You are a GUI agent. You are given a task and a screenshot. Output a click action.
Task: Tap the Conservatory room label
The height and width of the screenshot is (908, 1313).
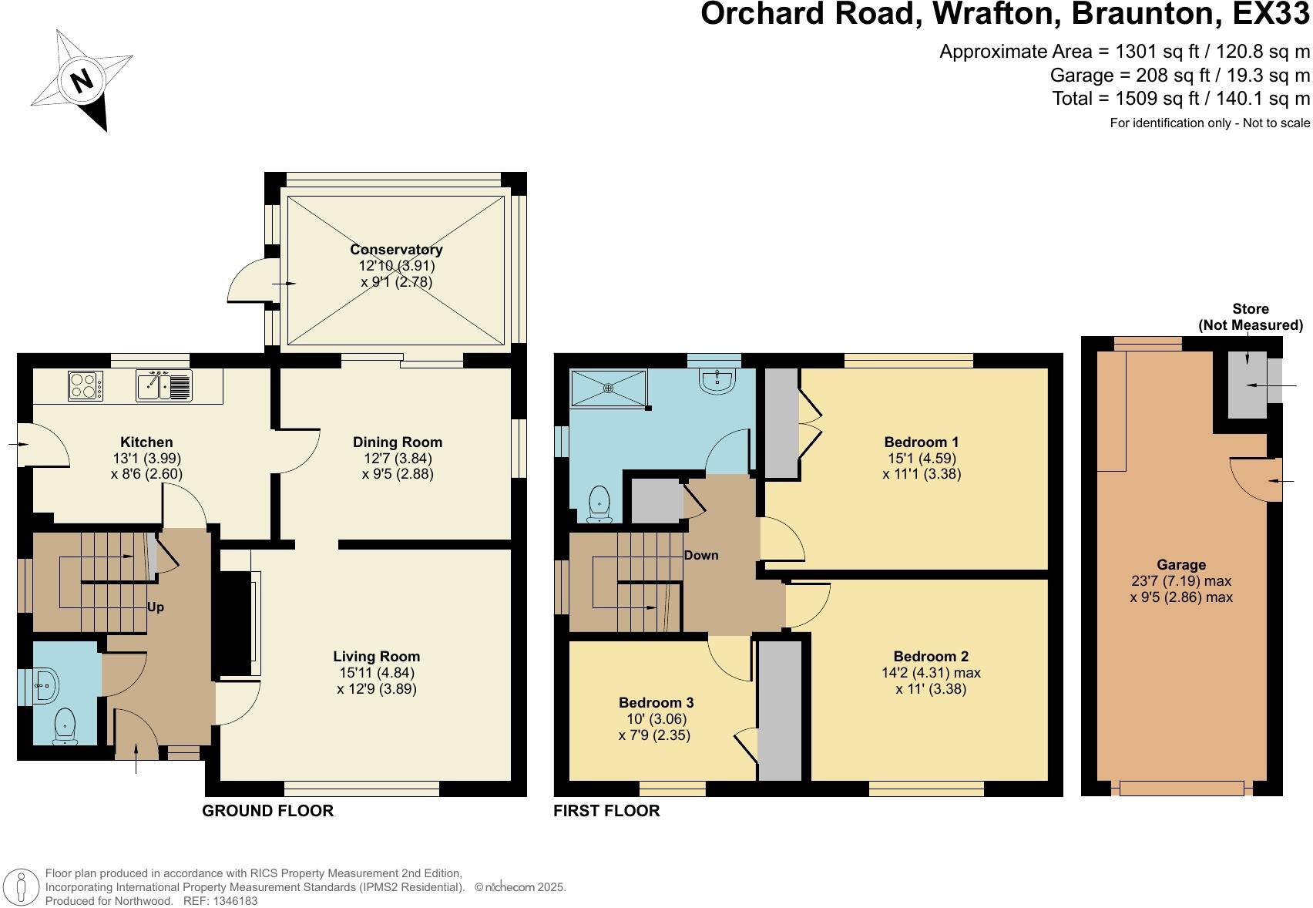396,250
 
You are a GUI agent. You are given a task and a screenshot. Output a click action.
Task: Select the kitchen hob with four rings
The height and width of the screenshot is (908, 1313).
85,385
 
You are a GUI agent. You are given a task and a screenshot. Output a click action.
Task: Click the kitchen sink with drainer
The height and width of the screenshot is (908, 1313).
164,385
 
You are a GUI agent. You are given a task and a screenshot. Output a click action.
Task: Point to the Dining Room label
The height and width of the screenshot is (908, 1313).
398,442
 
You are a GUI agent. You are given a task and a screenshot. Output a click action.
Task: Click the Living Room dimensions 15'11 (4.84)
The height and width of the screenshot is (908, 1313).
376,673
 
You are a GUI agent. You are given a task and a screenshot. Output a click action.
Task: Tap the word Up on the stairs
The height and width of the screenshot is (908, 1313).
156,607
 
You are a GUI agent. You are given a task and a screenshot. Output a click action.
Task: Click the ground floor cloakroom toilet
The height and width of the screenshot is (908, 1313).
65,727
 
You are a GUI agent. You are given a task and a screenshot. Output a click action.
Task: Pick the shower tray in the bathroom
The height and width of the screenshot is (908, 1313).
609,387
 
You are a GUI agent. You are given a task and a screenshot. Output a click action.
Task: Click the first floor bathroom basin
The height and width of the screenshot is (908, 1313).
718,380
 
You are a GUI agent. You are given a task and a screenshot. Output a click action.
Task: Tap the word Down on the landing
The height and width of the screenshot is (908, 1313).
700,556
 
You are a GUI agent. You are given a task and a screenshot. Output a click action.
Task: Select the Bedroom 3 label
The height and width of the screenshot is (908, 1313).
656,703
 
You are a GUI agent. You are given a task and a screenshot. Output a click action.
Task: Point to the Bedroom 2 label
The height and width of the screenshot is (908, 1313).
931,657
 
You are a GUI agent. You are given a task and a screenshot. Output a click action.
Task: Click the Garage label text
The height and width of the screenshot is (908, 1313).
1180,565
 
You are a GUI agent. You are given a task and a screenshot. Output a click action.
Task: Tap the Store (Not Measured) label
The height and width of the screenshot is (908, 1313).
1250,317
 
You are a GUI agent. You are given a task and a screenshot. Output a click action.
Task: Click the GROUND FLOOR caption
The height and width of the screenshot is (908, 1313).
267,811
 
